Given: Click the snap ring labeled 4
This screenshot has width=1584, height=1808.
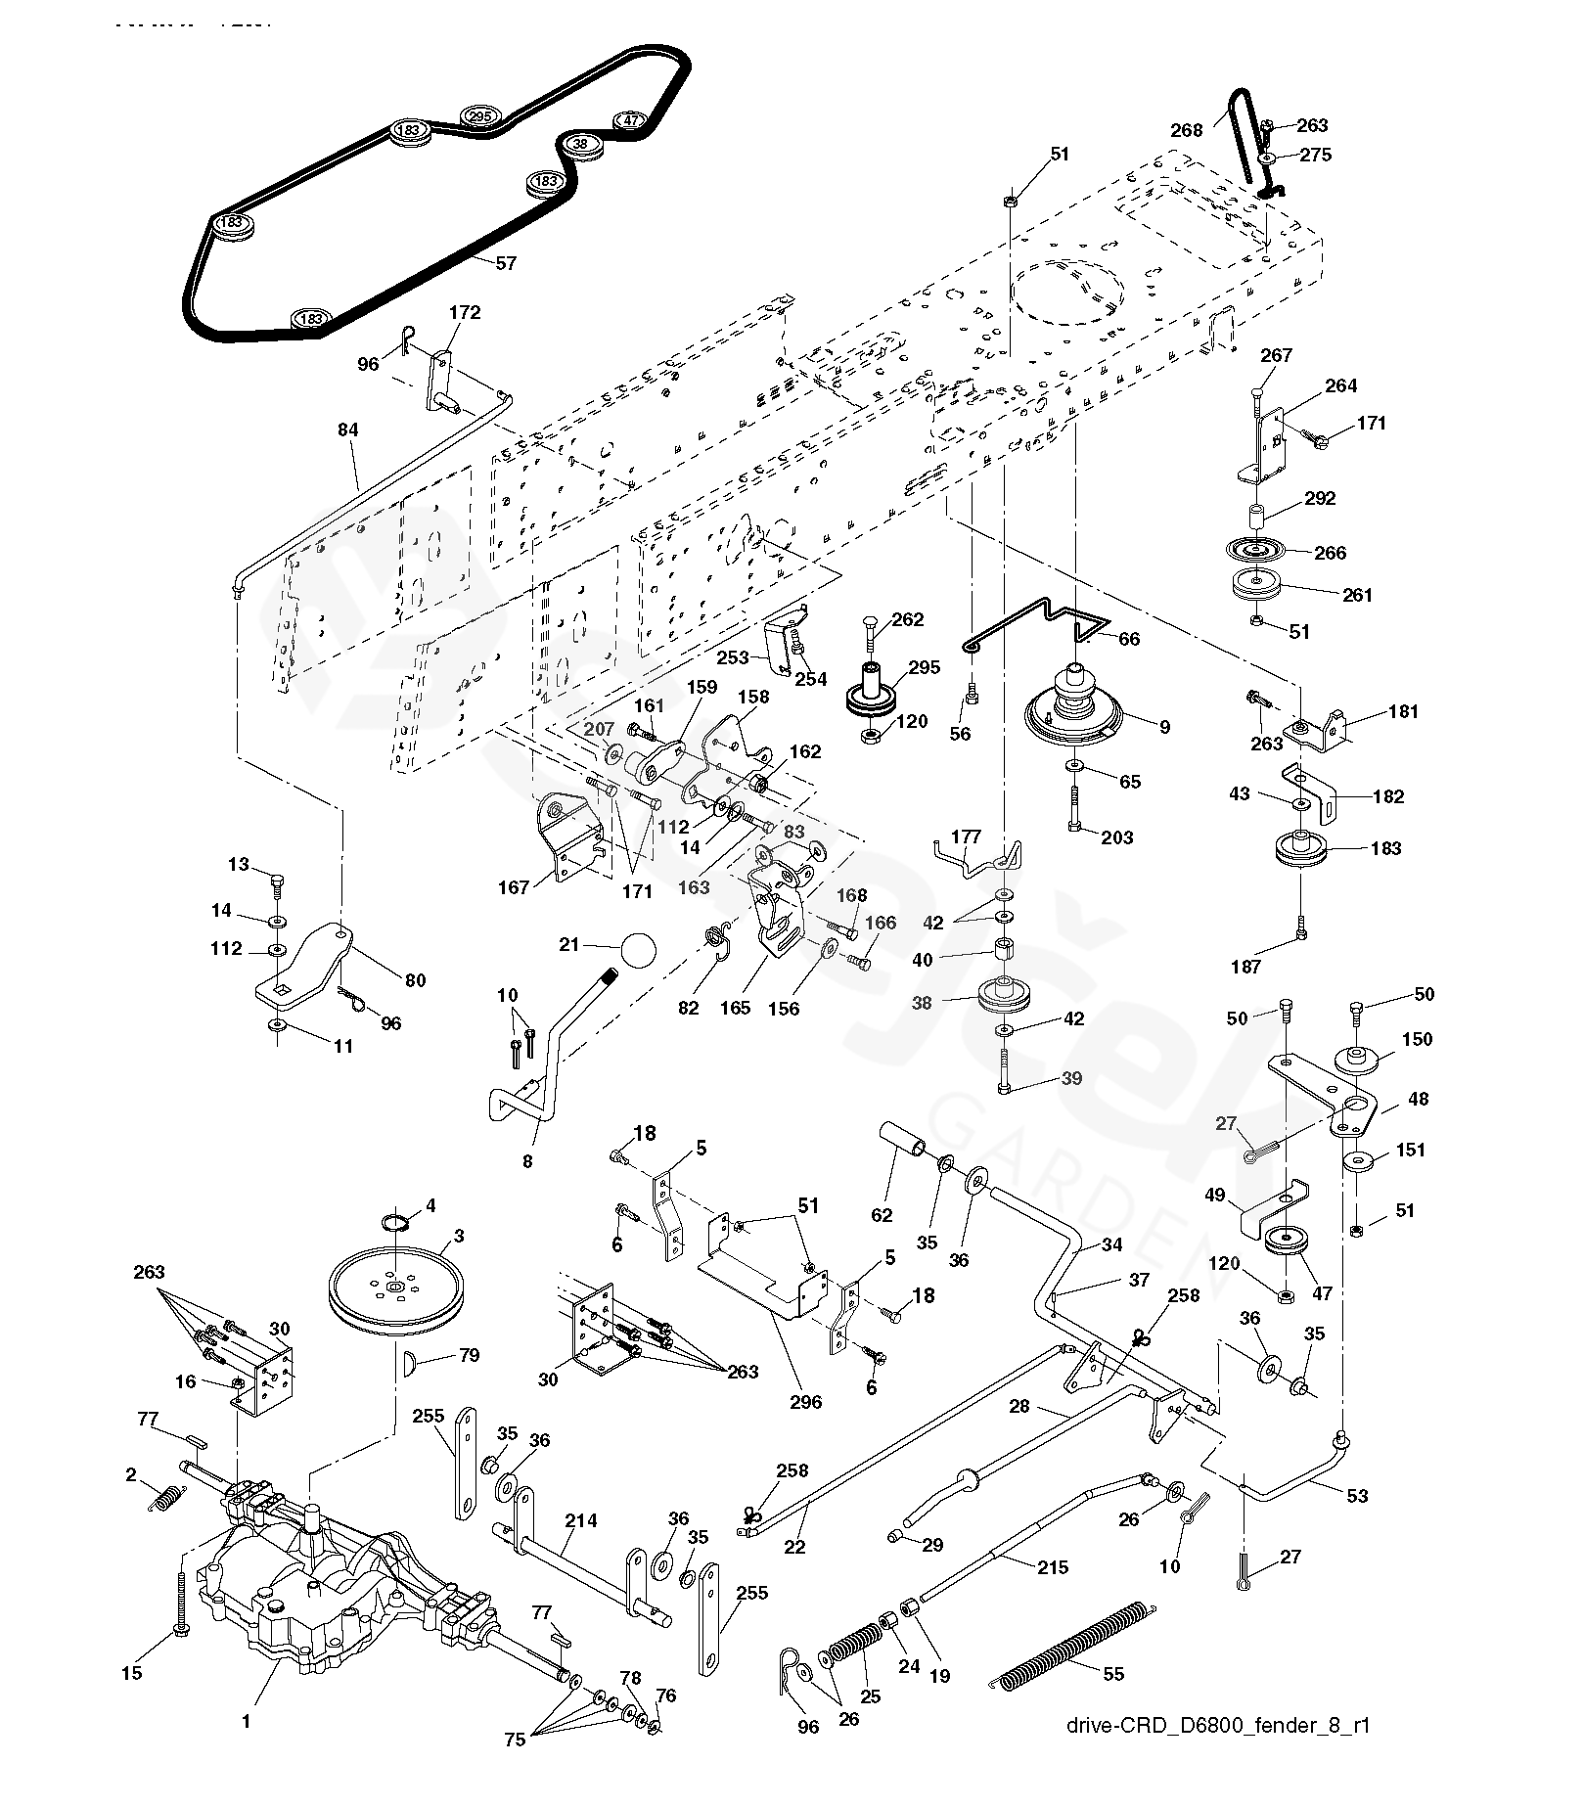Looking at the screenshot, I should (x=396, y=1224).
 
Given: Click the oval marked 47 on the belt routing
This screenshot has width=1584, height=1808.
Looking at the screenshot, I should (x=631, y=121).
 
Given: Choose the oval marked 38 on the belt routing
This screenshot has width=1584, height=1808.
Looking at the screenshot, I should (x=581, y=144).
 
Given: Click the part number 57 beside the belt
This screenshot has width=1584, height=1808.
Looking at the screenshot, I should (x=505, y=263).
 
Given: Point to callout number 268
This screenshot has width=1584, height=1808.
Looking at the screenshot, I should (x=1187, y=130).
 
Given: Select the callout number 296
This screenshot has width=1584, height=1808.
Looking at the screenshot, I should (x=807, y=1401).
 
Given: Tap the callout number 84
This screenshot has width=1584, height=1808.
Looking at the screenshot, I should (x=347, y=429).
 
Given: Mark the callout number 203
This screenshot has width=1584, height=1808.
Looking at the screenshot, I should (x=1117, y=837).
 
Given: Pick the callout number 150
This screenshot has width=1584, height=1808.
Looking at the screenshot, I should (x=1416, y=1039).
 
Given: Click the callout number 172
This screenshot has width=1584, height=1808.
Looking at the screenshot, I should (x=465, y=312).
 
